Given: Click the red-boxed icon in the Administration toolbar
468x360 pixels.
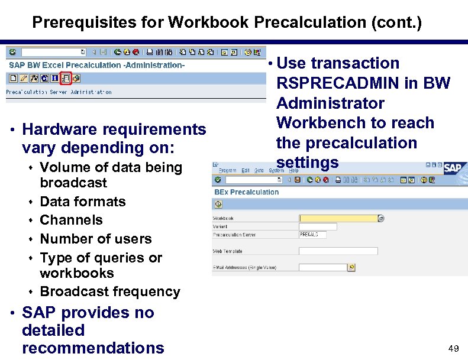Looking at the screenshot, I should [x=66, y=78].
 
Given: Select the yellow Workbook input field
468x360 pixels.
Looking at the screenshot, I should [x=338, y=218].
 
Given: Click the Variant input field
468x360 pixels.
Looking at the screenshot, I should [x=318, y=226].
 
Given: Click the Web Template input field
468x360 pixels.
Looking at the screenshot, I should [x=338, y=251].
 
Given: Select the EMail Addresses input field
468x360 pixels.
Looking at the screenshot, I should [x=322, y=268].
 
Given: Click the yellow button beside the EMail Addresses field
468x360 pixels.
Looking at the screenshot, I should [x=351, y=268].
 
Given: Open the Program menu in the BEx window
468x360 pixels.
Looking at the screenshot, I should [x=227, y=170].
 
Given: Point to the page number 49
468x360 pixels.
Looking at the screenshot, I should [x=453, y=349].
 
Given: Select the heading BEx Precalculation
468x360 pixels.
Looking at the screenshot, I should [x=246, y=192].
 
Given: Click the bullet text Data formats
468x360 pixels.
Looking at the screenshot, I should [x=82, y=202].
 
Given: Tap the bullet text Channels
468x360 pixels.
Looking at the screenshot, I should [x=71, y=220].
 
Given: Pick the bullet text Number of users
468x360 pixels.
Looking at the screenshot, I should [x=95, y=239].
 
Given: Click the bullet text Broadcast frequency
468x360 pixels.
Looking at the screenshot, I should [x=109, y=291].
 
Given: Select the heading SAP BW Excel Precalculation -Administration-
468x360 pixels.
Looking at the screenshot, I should [x=96, y=65].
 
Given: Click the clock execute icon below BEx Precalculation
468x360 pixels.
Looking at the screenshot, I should [x=218, y=204].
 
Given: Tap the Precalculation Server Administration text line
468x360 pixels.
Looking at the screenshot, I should [x=59, y=92].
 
